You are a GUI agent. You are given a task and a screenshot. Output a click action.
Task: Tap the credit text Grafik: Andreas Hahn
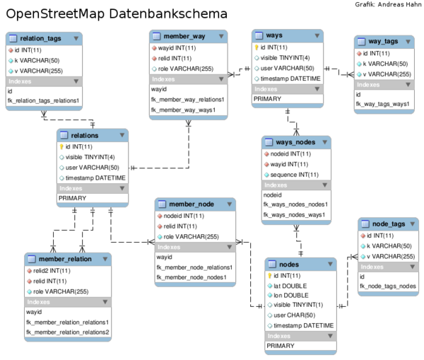coord(387,4)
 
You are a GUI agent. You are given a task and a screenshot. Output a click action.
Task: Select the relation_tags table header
coord(44,39)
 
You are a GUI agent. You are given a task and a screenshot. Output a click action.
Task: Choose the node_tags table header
coord(388,223)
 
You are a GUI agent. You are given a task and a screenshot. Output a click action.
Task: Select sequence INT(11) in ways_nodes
coord(294,175)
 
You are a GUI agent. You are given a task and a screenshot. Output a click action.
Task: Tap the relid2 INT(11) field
coord(51,270)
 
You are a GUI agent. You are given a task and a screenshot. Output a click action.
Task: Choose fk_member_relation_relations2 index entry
coord(67,332)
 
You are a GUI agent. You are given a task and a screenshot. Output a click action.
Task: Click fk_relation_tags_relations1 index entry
coord(43,101)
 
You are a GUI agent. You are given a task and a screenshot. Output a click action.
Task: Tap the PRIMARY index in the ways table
coord(268,99)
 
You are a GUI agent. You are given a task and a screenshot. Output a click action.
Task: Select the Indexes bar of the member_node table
coord(194,247)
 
